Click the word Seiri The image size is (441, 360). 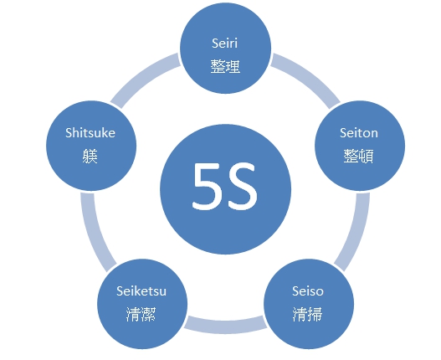[225, 44]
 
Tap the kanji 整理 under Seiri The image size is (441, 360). [225, 66]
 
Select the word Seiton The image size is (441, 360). [359, 133]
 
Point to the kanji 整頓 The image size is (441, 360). [359, 156]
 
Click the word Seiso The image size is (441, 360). [308, 291]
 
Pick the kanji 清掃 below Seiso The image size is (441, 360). [307, 314]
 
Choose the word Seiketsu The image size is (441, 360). [141, 291]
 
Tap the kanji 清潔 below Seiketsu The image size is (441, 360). [141, 314]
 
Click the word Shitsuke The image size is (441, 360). [90, 133]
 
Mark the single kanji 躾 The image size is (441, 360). [90, 156]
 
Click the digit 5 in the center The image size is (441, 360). [207, 186]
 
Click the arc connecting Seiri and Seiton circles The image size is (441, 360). [309, 77]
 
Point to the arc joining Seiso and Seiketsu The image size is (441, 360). [225, 327]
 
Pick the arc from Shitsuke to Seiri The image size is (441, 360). [142, 77]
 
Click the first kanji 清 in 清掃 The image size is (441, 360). [300, 314]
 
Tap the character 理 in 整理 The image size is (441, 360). [233, 66]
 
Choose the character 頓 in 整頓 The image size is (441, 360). [367, 156]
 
